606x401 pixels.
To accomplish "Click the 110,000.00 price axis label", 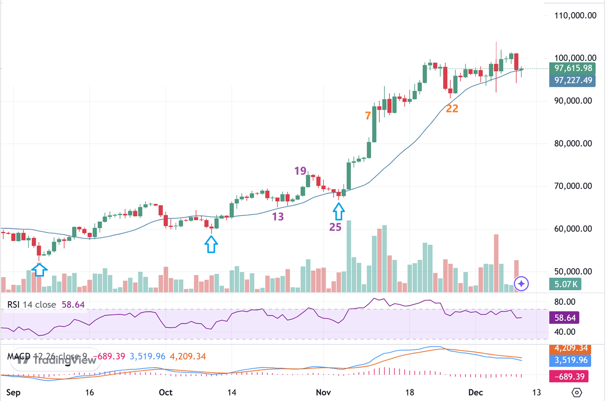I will coord(574,15).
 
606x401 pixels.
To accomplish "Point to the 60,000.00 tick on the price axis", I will coord(574,229).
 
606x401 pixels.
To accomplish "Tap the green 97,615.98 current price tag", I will coord(572,68).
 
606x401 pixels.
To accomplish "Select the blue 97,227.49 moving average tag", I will coord(572,81).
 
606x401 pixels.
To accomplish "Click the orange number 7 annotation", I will coord(368,115).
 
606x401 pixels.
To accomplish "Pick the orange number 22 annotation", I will coord(452,108).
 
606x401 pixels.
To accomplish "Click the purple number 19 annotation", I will coord(300,171).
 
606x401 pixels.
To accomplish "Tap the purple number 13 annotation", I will coord(278,217).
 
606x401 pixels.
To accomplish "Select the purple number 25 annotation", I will coord(335,227).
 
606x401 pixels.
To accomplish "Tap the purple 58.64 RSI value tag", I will coord(565,318).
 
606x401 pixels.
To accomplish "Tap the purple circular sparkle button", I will coord(521,284).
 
